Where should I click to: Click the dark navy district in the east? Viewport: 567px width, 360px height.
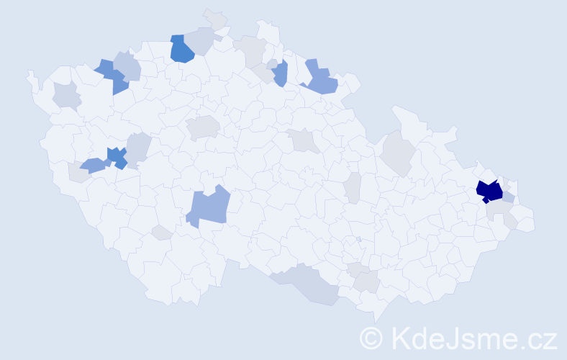[x=491, y=192]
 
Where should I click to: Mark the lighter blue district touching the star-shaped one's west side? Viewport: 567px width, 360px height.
[x=93, y=166]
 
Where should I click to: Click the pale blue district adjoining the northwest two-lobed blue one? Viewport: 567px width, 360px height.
[x=127, y=66]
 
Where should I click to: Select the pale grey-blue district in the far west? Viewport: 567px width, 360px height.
[x=66, y=95]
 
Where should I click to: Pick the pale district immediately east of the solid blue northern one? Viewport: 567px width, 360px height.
[x=202, y=40]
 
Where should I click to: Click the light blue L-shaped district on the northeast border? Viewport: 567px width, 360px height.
[x=321, y=79]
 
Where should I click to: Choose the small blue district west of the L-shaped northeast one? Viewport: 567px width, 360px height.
[x=280, y=72]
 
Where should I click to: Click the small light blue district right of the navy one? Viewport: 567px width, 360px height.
[x=509, y=197]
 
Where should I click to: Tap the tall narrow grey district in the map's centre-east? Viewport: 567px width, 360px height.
[x=352, y=187]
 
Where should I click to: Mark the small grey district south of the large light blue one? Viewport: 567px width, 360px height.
[x=162, y=232]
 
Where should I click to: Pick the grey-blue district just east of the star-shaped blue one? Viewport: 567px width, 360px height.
[x=139, y=148]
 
